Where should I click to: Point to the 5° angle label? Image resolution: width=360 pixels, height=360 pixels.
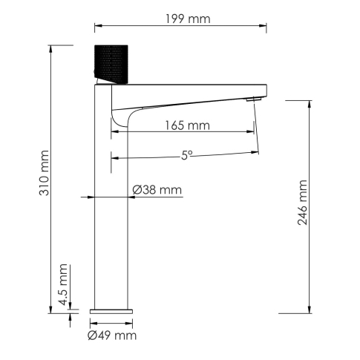tap(186, 155)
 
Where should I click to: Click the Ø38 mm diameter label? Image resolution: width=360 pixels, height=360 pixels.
tap(157, 190)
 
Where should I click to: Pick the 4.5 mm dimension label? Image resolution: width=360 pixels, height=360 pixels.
tap(62, 281)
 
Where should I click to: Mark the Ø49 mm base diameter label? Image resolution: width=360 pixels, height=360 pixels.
tap(112, 336)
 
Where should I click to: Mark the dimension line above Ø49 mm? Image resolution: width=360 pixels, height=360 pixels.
tap(112, 324)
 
